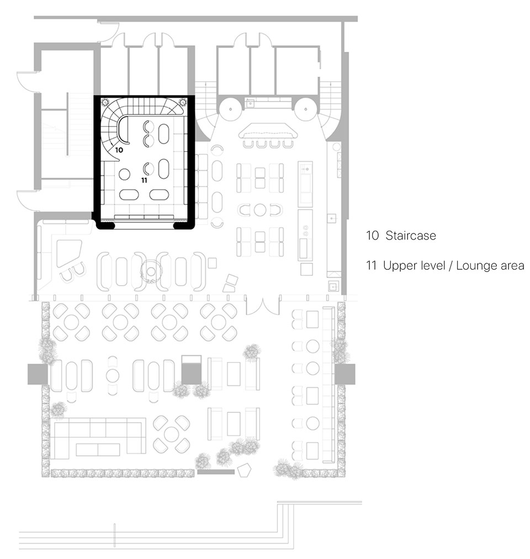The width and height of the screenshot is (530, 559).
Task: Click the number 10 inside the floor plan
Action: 119,150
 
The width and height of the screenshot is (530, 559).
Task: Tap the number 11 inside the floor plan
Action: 144,180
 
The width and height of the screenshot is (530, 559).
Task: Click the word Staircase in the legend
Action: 411,236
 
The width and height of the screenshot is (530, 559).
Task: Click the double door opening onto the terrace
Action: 263,305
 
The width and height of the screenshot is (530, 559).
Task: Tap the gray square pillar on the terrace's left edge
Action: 38,374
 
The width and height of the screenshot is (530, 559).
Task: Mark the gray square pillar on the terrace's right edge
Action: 345,374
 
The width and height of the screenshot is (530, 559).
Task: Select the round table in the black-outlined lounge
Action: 124,174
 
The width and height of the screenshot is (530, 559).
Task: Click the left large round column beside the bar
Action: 230,109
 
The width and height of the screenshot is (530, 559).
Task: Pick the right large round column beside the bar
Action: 306,109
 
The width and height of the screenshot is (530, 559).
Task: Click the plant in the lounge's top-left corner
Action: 105,103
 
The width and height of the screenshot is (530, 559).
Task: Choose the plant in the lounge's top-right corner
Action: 183,103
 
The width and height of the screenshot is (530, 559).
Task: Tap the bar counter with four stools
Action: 268,131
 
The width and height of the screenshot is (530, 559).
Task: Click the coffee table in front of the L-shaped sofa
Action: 98,449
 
